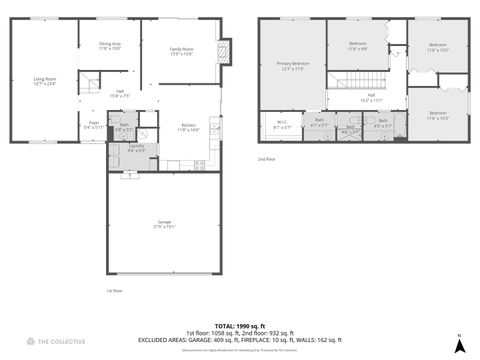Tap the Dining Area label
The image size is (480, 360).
click(x=110, y=46)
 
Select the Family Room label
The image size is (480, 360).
click(x=181, y=51)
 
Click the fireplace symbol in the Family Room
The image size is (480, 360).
click(x=226, y=53)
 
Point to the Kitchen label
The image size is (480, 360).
click(x=188, y=128)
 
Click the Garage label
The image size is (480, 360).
click(x=164, y=224)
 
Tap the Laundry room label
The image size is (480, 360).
click(x=136, y=148)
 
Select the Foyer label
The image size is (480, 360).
click(x=93, y=126)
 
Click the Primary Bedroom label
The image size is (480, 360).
click(x=293, y=67)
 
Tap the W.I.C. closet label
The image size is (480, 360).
click(x=282, y=125)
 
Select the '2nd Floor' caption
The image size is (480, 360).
click(x=266, y=159)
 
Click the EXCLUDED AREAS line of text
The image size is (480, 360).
click(x=240, y=340)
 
